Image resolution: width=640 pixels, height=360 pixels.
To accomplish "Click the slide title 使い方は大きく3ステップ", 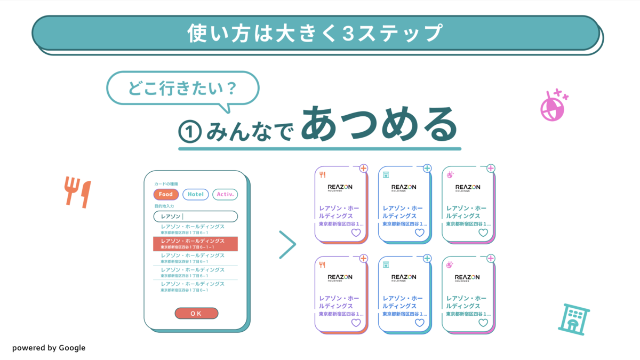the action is coord(315,33).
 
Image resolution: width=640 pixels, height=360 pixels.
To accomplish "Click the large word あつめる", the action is coord(379,124).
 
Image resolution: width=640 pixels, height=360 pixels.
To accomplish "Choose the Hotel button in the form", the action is coord(195,195).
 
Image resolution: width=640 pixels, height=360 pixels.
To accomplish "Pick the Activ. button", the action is coord(225,195).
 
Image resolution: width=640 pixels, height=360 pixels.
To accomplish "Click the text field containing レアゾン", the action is coord(195,217).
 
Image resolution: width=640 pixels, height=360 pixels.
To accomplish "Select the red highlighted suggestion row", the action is coord(195,244).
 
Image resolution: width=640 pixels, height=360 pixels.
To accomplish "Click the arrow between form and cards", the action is coord(287,245).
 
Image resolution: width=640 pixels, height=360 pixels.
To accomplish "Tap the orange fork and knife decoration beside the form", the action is coord(78,191).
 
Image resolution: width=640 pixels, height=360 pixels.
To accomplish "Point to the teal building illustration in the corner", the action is coord(574,318).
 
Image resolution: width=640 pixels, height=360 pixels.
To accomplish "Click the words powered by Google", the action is coord(49,348).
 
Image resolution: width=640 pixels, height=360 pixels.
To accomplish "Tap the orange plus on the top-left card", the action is coord(364,169).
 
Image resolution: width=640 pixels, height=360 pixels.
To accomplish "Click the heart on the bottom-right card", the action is coord(483,323).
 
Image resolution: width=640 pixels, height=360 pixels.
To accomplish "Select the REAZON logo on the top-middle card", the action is coord(404,188).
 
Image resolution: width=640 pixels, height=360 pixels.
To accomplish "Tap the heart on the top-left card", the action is coord(356,233).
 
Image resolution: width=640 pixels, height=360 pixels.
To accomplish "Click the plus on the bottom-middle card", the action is coord(427,259).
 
